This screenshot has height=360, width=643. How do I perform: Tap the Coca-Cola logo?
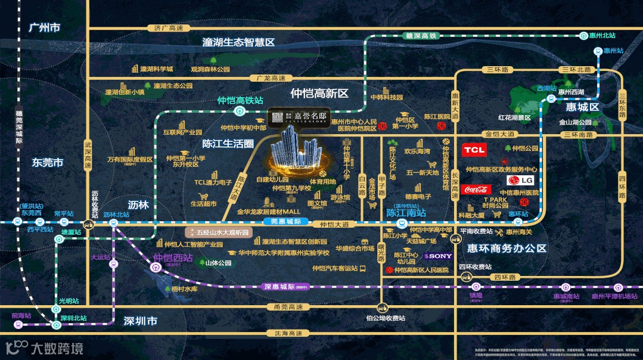click(476, 190)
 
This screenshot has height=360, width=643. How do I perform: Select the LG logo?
click(519, 180)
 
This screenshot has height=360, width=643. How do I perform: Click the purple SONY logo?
click(437, 256)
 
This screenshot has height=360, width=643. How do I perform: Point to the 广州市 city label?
click(44, 28)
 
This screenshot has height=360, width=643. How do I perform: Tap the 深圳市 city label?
click(141, 321)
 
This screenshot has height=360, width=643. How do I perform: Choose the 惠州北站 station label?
click(602, 36)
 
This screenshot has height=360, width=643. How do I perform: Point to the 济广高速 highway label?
click(169, 27)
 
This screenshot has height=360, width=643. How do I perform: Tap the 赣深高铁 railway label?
click(421, 36)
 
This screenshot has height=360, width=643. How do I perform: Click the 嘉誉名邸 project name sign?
click(299, 117)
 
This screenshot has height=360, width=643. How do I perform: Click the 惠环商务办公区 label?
click(507, 249)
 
